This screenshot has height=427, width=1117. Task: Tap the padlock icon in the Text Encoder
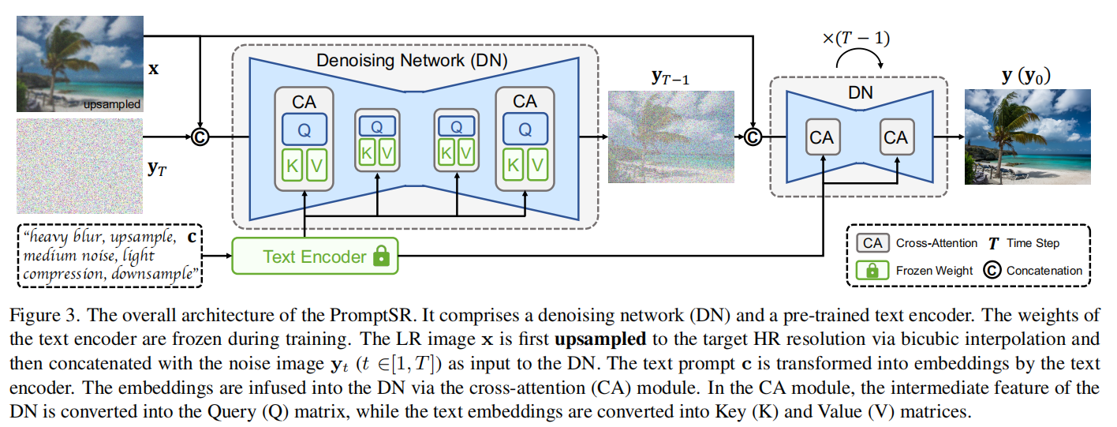tap(382, 257)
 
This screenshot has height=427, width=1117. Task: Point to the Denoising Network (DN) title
tap(412, 59)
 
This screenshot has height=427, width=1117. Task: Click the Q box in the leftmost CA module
tap(304, 128)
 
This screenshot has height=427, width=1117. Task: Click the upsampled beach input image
tap(80, 63)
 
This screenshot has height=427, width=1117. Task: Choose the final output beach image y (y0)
tap(1028, 137)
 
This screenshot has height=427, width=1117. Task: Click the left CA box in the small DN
tap(821, 137)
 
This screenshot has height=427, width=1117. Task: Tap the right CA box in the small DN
tap(895, 137)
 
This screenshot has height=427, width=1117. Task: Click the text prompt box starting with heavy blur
tap(110, 256)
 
